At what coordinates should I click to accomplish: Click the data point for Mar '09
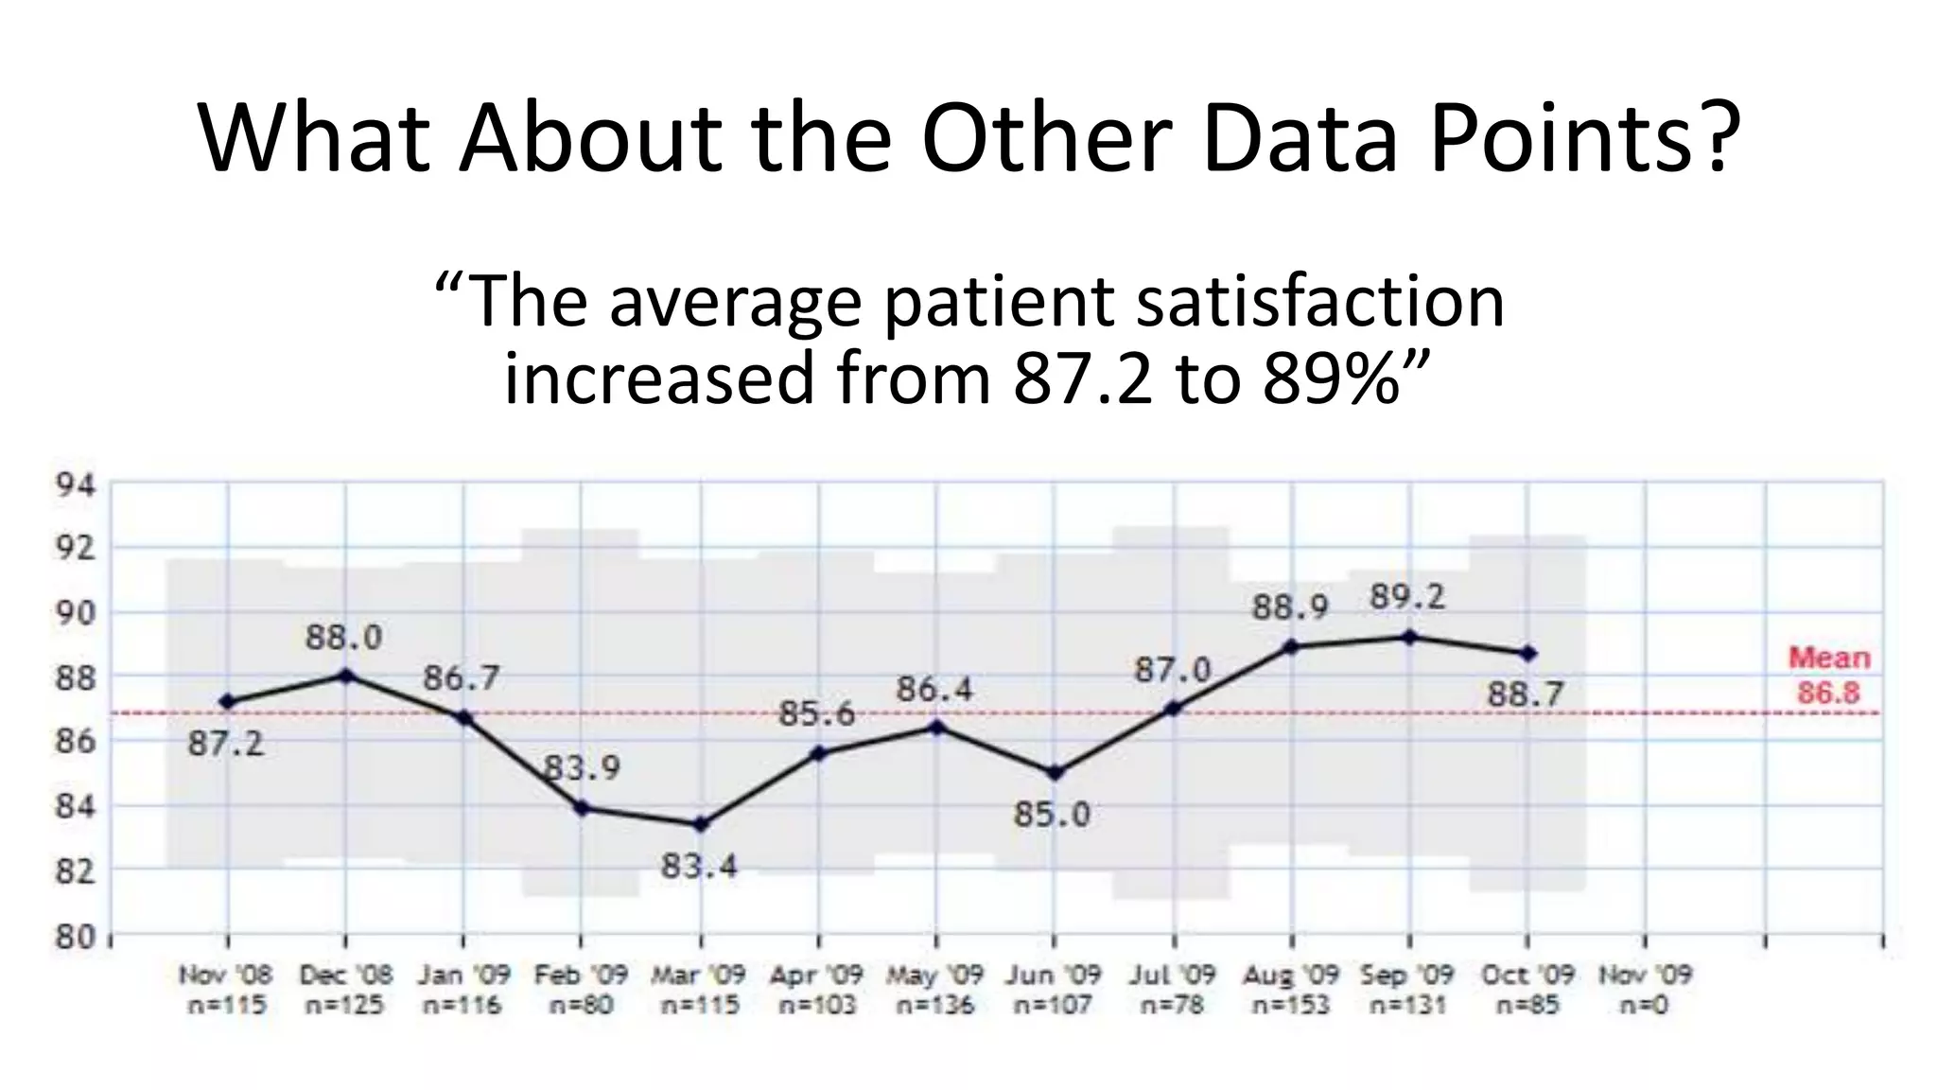(701, 824)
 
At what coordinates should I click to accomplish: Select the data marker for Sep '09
(1409, 637)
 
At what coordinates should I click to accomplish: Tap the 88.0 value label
(343, 638)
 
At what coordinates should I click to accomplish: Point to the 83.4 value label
(699, 866)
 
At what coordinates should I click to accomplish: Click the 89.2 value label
(1407, 597)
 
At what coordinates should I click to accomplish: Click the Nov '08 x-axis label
(225, 975)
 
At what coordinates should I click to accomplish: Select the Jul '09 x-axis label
(1173, 975)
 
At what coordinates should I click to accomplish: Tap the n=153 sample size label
(1291, 1005)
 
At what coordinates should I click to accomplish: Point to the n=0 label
(1644, 1005)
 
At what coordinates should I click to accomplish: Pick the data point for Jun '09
(1056, 773)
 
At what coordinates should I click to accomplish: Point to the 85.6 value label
(816, 713)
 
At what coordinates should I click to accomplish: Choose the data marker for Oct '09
(1528, 653)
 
